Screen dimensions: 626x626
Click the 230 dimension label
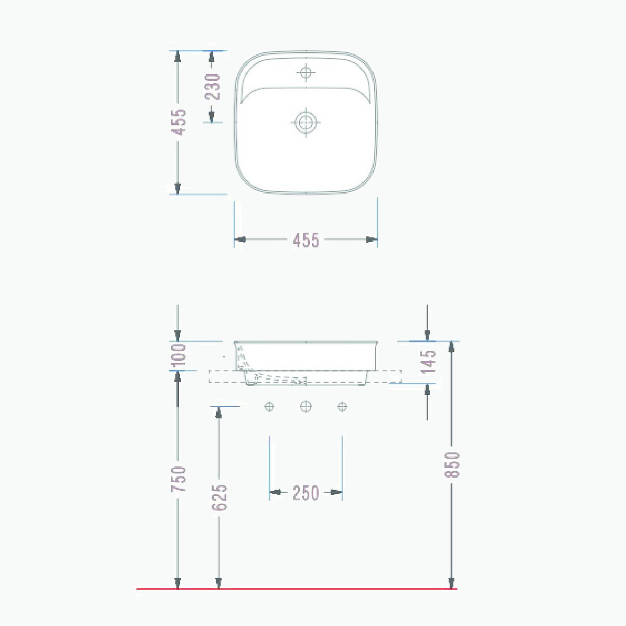click(x=213, y=87)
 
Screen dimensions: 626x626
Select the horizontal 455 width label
click(x=306, y=240)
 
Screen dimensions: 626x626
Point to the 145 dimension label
click(x=428, y=362)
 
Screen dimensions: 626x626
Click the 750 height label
click(x=178, y=479)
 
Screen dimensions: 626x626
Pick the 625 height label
click(x=219, y=497)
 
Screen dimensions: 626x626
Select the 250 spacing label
click(x=306, y=493)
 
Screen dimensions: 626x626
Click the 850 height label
click(x=453, y=465)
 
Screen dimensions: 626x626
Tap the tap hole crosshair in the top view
click(x=306, y=73)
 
